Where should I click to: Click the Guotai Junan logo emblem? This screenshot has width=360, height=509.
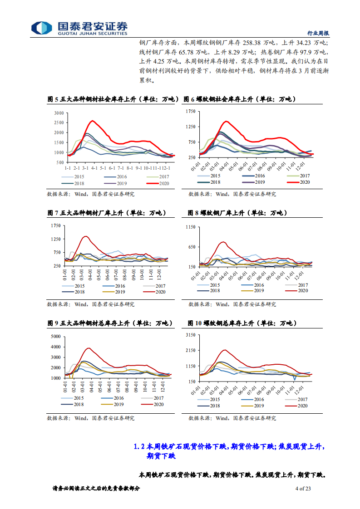pyautogui.click(x=42, y=28)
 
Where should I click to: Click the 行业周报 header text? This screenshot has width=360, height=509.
pyautogui.click(x=318, y=33)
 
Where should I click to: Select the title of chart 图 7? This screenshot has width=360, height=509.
pyautogui.click(x=107, y=213)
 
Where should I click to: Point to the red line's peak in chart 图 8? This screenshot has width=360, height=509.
pyautogui.click(x=222, y=242)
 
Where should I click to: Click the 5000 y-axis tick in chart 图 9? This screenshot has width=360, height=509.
pyautogui.click(x=55, y=337)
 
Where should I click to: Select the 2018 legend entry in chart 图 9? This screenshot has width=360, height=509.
pyautogui.click(x=74, y=404)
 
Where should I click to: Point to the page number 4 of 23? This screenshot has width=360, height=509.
pyautogui.click(x=303, y=489)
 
